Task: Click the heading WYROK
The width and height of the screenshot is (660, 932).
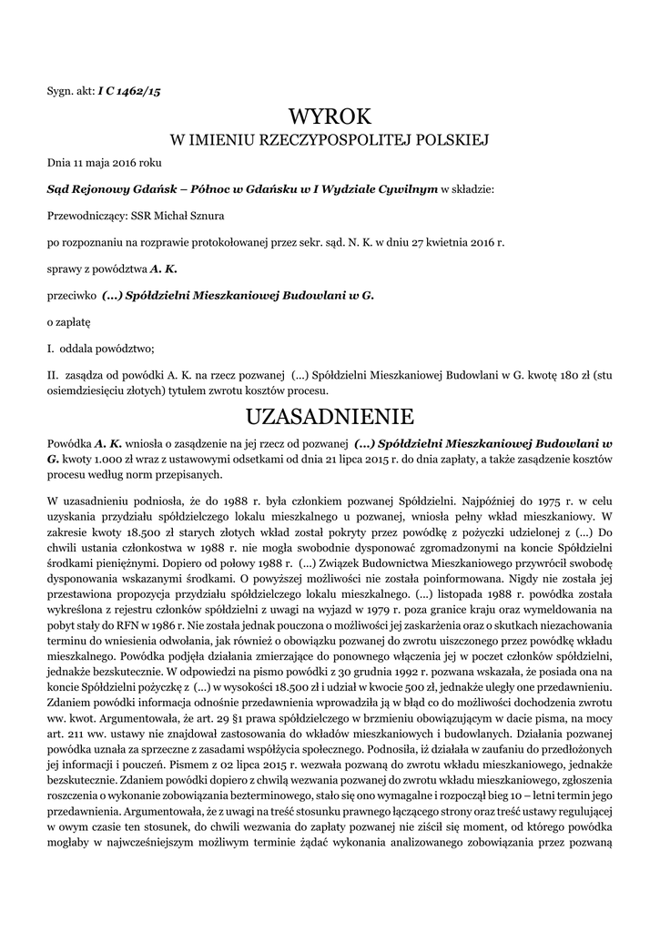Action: pos(330,116)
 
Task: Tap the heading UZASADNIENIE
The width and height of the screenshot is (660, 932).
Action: pos(330,417)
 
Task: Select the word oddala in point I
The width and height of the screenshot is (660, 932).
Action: pos(80,349)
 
